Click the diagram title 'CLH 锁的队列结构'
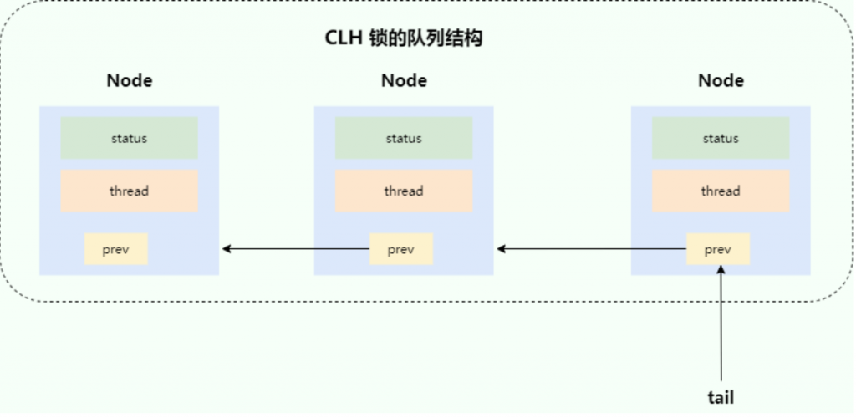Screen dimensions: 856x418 [x=404, y=38]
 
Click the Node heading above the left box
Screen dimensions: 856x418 [x=130, y=81]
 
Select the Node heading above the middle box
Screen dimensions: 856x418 [x=404, y=81]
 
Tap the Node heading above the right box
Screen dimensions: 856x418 [x=721, y=81]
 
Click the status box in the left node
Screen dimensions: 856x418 [x=130, y=138]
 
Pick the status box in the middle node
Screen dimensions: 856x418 [x=404, y=138]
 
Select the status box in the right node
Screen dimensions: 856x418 [x=721, y=138]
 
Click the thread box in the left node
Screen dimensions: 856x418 [x=130, y=191]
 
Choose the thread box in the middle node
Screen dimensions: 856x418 [x=404, y=191]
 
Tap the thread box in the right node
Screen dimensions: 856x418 [x=721, y=191]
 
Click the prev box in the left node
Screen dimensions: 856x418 [x=115, y=249]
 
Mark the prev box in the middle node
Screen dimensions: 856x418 [x=401, y=249]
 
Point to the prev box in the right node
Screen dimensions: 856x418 [x=718, y=249]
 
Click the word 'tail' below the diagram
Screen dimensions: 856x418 [x=721, y=397]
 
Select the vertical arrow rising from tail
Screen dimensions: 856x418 [x=721, y=323]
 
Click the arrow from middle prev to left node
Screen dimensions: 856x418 [x=296, y=249]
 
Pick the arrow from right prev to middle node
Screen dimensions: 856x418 [x=591, y=249]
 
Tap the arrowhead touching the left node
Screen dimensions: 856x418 [x=227, y=249]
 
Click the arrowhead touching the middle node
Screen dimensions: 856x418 [x=502, y=249]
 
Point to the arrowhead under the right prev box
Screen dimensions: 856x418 [x=721, y=270]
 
